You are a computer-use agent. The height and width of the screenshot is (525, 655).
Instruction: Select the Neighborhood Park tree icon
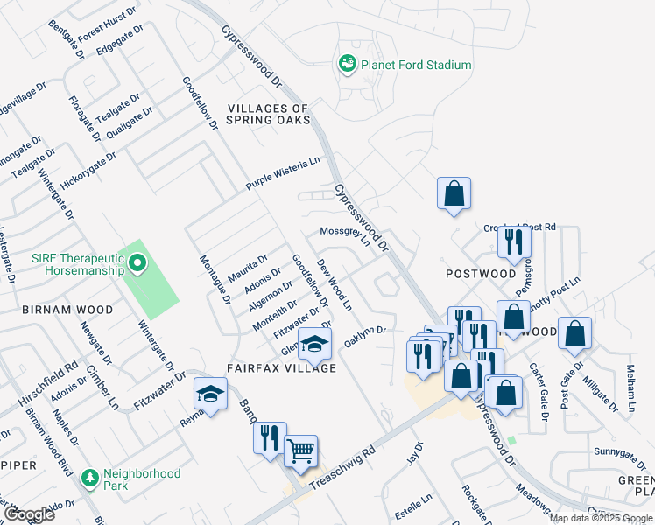(x=89, y=479)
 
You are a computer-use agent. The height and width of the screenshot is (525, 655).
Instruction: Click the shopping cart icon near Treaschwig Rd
(x=300, y=450)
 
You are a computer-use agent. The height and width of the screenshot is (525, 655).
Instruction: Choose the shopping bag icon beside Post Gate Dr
(x=574, y=333)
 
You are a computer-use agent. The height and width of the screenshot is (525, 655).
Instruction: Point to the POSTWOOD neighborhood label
(x=481, y=274)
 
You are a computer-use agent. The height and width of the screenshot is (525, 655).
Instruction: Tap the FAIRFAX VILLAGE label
(x=282, y=368)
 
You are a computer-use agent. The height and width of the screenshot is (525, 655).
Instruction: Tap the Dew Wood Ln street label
(x=335, y=284)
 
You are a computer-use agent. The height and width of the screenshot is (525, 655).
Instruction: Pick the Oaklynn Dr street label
(x=365, y=335)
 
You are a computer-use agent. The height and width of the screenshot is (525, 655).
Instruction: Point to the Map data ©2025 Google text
(x=601, y=518)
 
